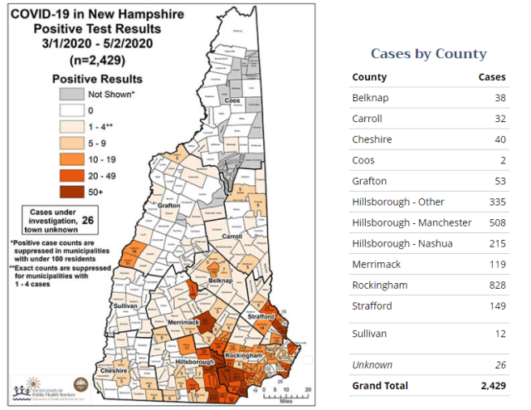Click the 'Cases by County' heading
pyautogui.click(x=428, y=54)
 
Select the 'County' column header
pyautogui.click(x=369, y=77)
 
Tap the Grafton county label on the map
pyautogui.click(x=168, y=204)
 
